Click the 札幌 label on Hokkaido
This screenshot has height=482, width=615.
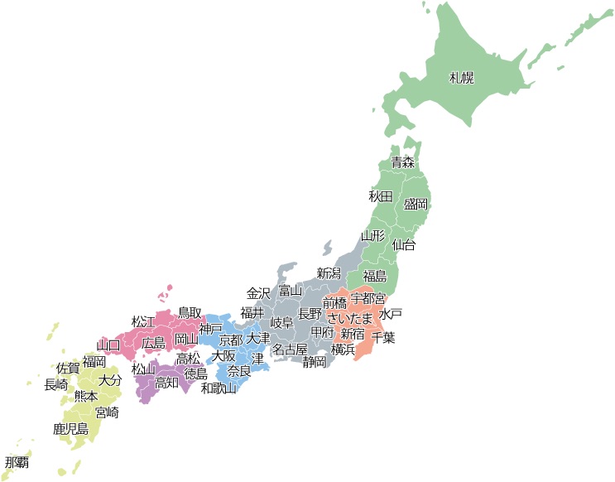click(461, 78)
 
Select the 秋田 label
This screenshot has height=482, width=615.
click(380, 196)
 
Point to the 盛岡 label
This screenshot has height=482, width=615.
click(416, 204)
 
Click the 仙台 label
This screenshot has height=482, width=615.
click(403, 244)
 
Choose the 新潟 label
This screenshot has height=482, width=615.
click(329, 273)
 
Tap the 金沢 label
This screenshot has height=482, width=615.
click(258, 293)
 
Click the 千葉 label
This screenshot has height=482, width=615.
click(383, 338)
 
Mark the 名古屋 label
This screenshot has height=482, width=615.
click(290, 349)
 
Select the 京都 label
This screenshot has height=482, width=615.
click(231, 340)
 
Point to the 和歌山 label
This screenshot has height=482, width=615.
click(219, 388)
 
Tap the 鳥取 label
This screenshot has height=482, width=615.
click(190, 312)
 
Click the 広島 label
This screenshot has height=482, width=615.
click(153, 343)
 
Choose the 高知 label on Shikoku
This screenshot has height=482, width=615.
click(166, 382)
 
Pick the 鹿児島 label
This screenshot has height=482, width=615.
click(70, 429)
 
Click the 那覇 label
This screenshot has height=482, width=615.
click(16, 461)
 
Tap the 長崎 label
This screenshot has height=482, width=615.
click(56, 383)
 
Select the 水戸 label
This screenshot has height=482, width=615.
click(391, 314)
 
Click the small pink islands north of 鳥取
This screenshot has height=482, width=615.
click(168, 292)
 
